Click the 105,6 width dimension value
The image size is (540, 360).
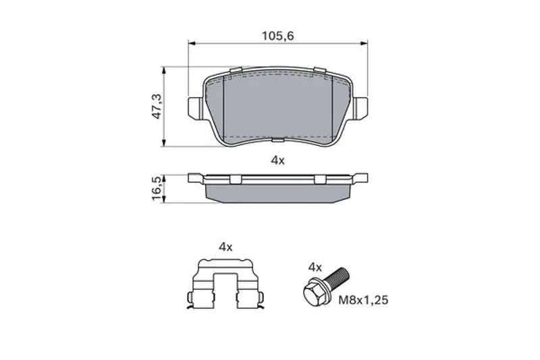coord(278,36)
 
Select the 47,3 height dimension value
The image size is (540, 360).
coord(157,107)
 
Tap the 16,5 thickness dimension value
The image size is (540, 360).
coord(157,188)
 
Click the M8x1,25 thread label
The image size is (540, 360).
coord(363,300)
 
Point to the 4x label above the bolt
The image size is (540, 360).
coord(315,267)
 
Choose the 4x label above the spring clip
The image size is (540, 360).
coord(225,247)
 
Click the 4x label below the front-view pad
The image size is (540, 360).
coord(278,161)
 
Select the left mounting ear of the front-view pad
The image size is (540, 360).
coord(195,108)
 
